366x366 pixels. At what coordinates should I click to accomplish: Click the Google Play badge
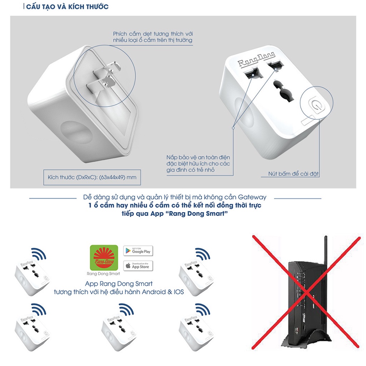click(138, 251)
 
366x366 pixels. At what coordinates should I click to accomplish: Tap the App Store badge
click(138, 266)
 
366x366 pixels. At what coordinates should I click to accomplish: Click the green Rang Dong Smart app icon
click(104, 257)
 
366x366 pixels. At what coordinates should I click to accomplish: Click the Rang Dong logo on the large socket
click(256, 59)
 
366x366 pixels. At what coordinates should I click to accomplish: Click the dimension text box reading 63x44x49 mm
click(92, 177)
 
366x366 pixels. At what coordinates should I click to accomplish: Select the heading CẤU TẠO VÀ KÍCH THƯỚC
click(67, 6)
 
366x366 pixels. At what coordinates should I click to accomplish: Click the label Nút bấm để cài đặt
click(293, 174)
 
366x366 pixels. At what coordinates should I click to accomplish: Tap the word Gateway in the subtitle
click(252, 197)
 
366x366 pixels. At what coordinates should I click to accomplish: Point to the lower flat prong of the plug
click(101, 84)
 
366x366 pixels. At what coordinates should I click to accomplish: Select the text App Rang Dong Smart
click(119, 283)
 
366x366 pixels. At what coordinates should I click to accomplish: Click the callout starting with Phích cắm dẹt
click(153, 37)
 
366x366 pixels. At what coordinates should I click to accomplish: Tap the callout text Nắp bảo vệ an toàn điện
click(198, 157)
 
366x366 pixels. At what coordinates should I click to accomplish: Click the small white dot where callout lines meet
click(233, 128)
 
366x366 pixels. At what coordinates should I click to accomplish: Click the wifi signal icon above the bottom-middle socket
click(126, 310)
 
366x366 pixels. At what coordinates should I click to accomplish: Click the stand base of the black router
click(306, 340)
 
